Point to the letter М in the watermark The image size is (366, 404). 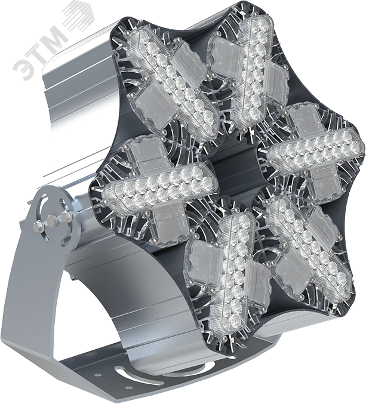[55, 36]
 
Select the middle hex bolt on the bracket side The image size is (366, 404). [51, 220]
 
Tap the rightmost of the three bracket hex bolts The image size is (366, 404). [66, 215]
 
